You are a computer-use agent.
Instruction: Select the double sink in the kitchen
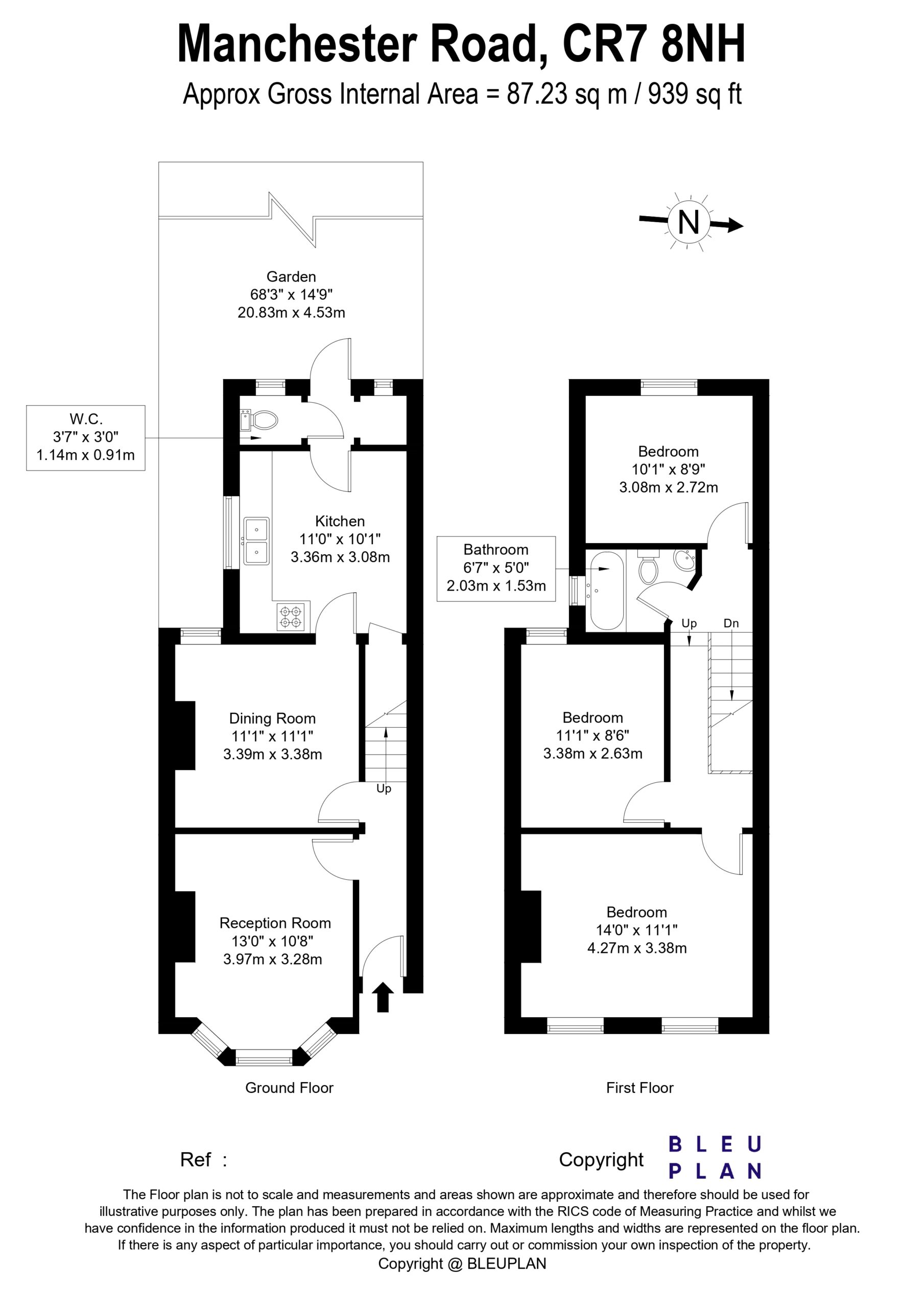[256, 541]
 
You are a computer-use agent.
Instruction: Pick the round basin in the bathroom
[685, 560]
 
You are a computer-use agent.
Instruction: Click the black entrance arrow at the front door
[383, 997]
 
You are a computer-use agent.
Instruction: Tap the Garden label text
[291, 276]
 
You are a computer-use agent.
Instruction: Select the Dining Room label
[272, 718]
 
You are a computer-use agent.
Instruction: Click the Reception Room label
[275, 922]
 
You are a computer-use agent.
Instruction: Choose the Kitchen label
[340, 521]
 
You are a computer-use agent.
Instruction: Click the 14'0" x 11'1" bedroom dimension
[636, 930]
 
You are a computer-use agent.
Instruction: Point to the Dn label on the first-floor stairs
[731, 623]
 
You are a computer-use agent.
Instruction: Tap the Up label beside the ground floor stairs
[384, 788]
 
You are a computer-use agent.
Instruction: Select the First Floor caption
[639, 1088]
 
